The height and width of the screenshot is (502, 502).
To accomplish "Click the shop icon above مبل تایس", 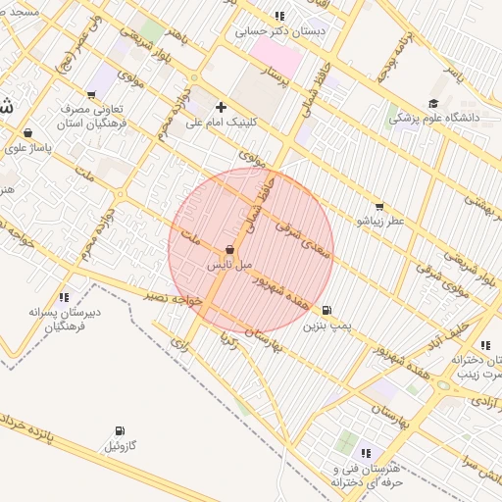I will point(229,250).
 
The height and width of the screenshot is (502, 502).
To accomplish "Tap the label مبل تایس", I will point(230,265).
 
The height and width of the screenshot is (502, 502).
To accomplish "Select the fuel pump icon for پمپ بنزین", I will point(326,309).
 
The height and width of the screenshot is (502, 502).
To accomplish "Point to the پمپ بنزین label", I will point(326,324).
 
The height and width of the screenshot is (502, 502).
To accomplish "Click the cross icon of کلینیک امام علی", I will point(221,107).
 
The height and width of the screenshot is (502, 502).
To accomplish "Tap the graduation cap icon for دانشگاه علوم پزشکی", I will point(432,103).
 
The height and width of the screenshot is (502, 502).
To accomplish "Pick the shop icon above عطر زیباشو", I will point(378,207).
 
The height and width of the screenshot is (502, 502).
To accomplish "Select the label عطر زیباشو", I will point(378,222).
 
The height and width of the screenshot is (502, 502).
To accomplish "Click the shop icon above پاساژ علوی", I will point(26,133).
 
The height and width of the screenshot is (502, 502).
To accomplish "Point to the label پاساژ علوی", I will point(26,148).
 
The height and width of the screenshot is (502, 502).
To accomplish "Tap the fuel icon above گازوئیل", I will point(120,431).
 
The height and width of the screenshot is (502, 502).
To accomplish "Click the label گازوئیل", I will point(124,446).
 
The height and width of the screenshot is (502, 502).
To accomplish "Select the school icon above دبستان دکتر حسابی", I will point(279,16).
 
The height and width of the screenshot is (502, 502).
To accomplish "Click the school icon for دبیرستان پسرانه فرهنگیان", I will point(64,296).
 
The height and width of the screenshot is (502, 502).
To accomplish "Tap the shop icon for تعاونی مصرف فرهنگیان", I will point(91,95).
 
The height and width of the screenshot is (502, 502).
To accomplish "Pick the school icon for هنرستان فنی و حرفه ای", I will point(366,453).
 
